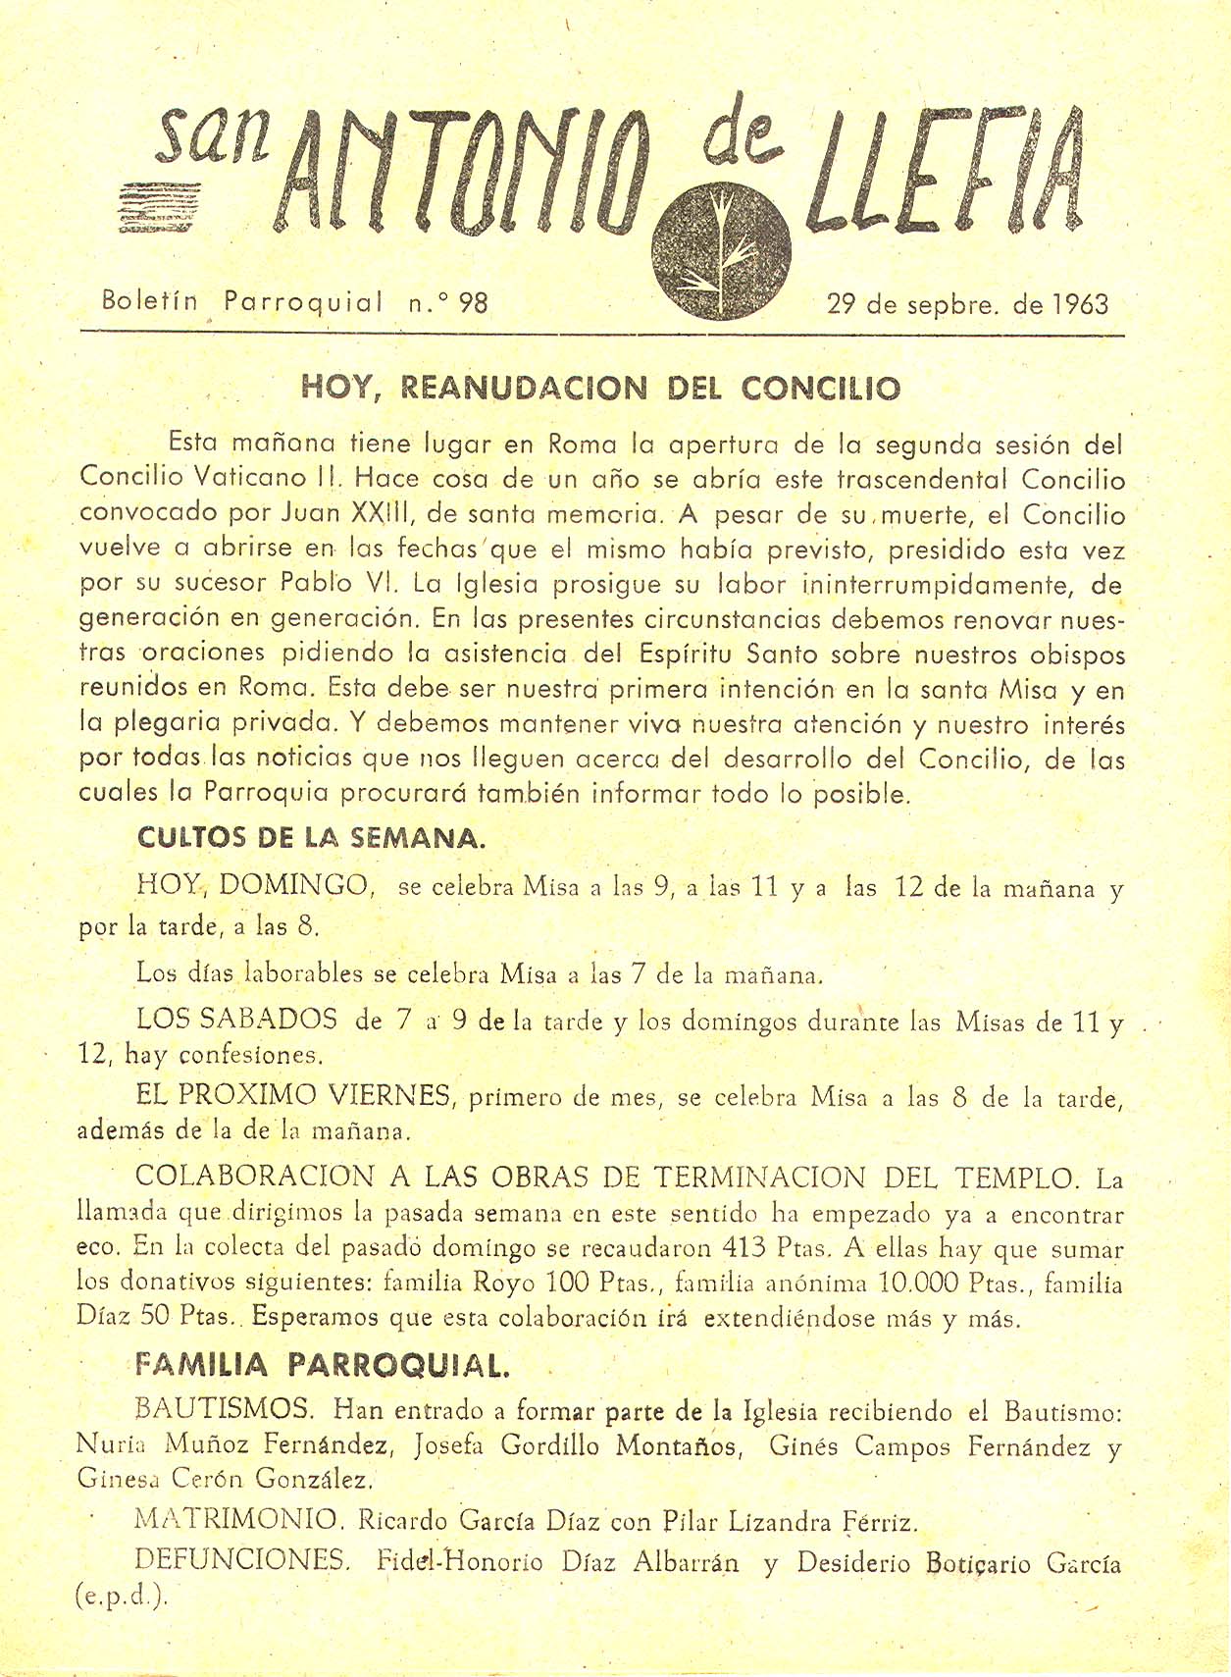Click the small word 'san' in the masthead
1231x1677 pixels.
pyautogui.click(x=213, y=138)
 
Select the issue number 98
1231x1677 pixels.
pyautogui.click(x=473, y=302)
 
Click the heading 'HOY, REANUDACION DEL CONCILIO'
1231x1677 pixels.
pyautogui.click(x=600, y=389)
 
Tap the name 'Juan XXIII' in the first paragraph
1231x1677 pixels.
pyautogui.click(x=352, y=513)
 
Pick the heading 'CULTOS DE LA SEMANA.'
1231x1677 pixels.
pyautogui.click(x=310, y=838)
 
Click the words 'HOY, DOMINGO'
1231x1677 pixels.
pyautogui.click(x=254, y=886)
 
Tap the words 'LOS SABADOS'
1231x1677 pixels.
pyautogui.click(x=236, y=1020)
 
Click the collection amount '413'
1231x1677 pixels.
pyautogui.click(x=744, y=1247)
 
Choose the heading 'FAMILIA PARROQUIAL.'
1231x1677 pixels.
pyautogui.click(x=323, y=1364)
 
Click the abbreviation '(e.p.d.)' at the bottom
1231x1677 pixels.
pyautogui.click(x=122, y=1596)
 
